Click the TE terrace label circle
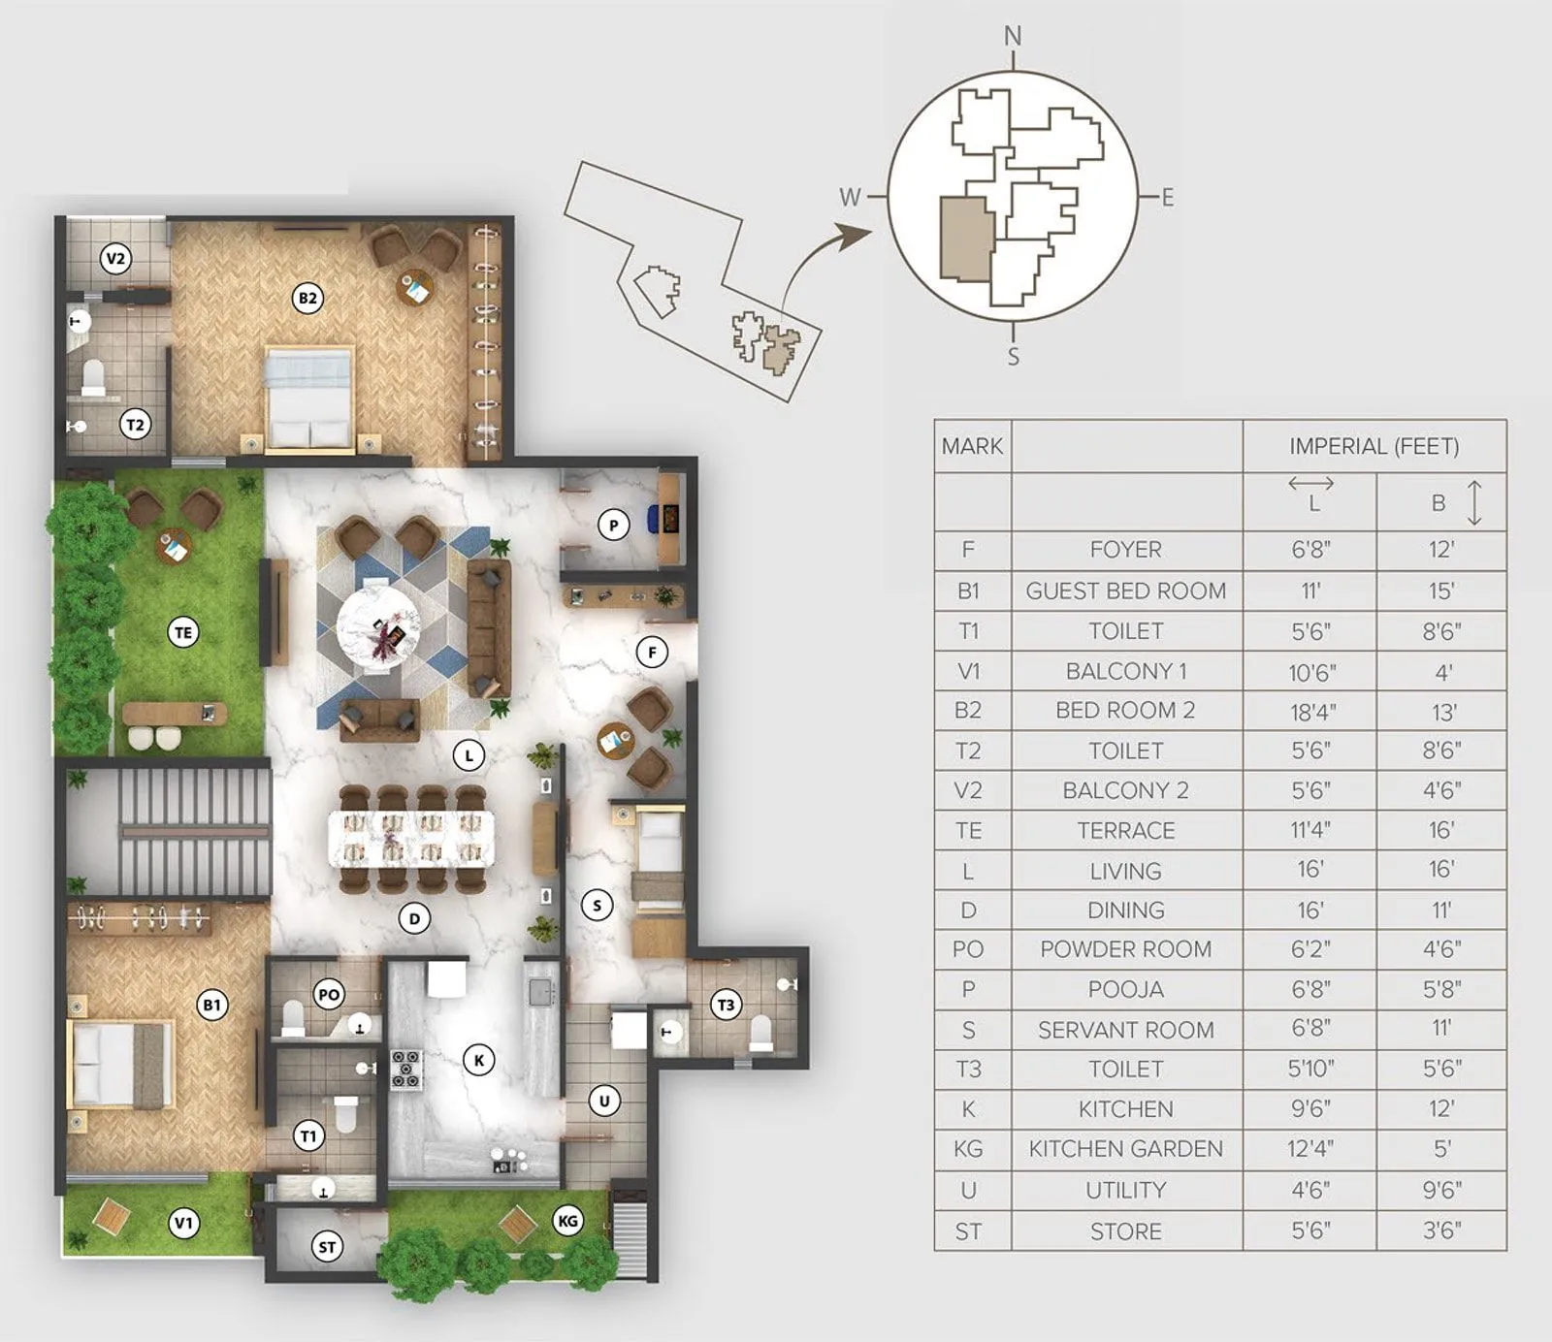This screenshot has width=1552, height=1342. click(183, 633)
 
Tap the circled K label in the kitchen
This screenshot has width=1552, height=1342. click(478, 1060)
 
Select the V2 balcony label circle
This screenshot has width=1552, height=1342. click(115, 258)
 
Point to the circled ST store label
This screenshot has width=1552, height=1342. click(328, 1247)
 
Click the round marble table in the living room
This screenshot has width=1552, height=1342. click(379, 625)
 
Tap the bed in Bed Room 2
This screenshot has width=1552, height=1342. click(308, 399)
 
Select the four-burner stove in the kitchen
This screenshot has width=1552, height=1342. click(405, 1069)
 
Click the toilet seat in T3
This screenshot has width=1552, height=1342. click(761, 1033)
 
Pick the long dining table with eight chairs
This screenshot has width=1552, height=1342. click(411, 839)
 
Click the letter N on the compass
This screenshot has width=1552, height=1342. click(1013, 37)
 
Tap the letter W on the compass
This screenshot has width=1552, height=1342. click(850, 198)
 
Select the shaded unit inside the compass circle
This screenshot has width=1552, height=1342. click(965, 239)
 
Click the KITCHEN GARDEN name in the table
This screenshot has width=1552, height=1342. click(1125, 1149)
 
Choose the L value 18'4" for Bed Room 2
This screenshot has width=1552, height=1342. click(1312, 713)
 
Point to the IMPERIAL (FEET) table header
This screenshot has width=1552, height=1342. click(1374, 446)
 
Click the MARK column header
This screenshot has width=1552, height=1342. click(972, 446)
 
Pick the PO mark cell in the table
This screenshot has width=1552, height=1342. click(968, 949)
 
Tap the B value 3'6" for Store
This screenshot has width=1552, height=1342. click(1441, 1230)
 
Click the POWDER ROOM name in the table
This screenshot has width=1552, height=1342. click(1125, 949)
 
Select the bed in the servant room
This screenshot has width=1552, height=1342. click(660, 853)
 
